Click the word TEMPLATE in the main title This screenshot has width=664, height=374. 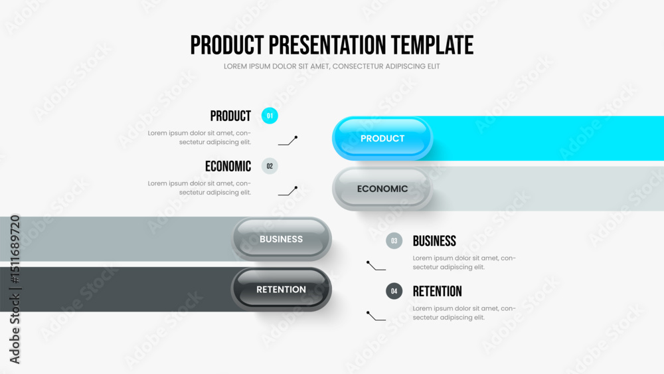pos(432,45)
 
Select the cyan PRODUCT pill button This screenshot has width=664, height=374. pos(382,138)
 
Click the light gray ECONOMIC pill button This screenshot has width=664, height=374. pos(382,189)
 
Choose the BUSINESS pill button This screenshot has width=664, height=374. pos(281,239)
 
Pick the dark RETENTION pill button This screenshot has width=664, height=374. pos(281,289)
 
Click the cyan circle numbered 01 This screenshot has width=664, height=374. pos(270,116)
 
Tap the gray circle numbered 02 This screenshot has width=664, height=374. pos(270,166)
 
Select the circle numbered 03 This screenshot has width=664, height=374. pos(394,240)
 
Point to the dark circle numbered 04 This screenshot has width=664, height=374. pos(394,291)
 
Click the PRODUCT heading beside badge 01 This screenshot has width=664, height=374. pos(230,116)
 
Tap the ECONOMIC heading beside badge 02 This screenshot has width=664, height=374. pos(228,167)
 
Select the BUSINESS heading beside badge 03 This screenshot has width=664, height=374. pos(434,241)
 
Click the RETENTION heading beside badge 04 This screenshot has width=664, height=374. pos(438,292)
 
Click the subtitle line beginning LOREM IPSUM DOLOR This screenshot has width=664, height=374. pos(331,66)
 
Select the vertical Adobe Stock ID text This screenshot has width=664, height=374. pos(15,289)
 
